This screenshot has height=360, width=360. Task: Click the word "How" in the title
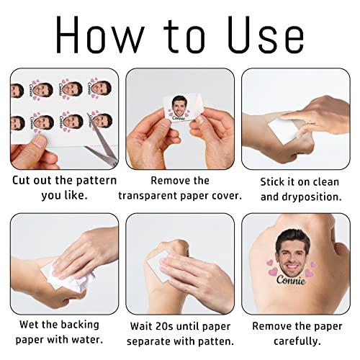100,35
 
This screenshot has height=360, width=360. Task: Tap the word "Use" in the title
266,35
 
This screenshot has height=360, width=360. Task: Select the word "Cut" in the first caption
21,181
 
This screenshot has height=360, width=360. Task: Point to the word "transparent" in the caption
148,196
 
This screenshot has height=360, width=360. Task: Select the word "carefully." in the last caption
297,341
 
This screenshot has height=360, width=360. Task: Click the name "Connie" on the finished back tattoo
291,280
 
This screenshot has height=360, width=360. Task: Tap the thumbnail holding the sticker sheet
40,143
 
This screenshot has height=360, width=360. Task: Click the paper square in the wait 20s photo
157,266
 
